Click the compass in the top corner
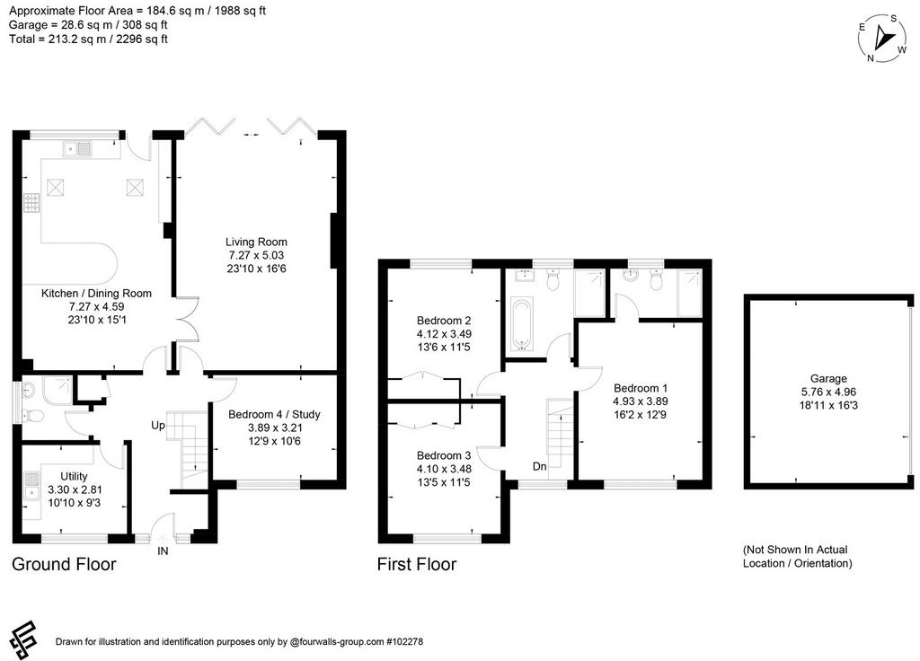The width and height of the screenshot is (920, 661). pyautogui.click(x=882, y=39)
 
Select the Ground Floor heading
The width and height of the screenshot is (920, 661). pyautogui.click(x=64, y=564)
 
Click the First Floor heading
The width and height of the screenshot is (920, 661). pyautogui.click(x=417, y=564)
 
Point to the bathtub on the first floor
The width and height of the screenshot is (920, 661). pyautogui.click(x=521, y=323)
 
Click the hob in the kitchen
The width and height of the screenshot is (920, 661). pyautogui.click(x=31, y=203)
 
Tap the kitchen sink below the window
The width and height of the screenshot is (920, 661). pyautogui.click(x=77, y=149)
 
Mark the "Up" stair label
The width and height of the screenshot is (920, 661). pyautogui.click(x=158, y=425)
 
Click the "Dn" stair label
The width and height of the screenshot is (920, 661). pyautogui.click(x=540, y=466)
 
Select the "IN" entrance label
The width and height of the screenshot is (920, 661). pyautogui.click(x=163, y=551)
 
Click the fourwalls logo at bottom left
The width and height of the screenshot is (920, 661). pyautogui.click(x=23, y=639)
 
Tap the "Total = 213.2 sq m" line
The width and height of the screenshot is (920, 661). pyautogui.click(x=88, y=40)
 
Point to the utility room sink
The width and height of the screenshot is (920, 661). pyautogui.click(x=31, y=486)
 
